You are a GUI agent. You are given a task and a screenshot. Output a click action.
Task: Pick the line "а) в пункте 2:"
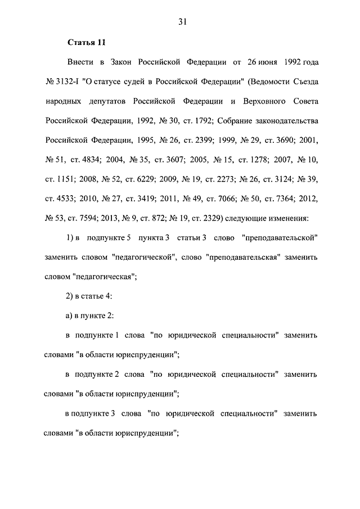click(90, 316)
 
